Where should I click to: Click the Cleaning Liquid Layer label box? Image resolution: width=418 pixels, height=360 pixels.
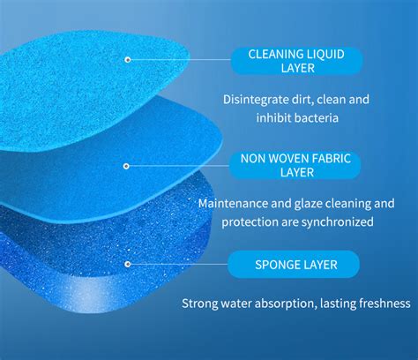click(x=296, y=61)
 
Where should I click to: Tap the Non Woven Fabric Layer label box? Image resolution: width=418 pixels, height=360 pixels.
click(x=295, y=165)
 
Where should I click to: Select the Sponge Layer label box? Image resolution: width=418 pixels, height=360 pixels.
click(x=294, y=265)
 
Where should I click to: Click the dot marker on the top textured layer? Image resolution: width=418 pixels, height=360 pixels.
click(x=128, y=60)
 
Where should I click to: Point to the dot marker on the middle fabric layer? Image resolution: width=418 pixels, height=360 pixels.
click(x=126, y=166)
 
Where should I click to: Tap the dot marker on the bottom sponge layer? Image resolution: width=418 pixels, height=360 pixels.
click(x=128, y=264)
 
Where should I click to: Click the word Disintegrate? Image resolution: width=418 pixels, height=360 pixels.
click(x=256, y=100)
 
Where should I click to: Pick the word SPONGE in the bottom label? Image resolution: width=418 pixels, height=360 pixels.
click(x=274, y=265)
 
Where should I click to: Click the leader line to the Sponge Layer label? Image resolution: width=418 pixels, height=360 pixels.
click(x=179, y=264)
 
